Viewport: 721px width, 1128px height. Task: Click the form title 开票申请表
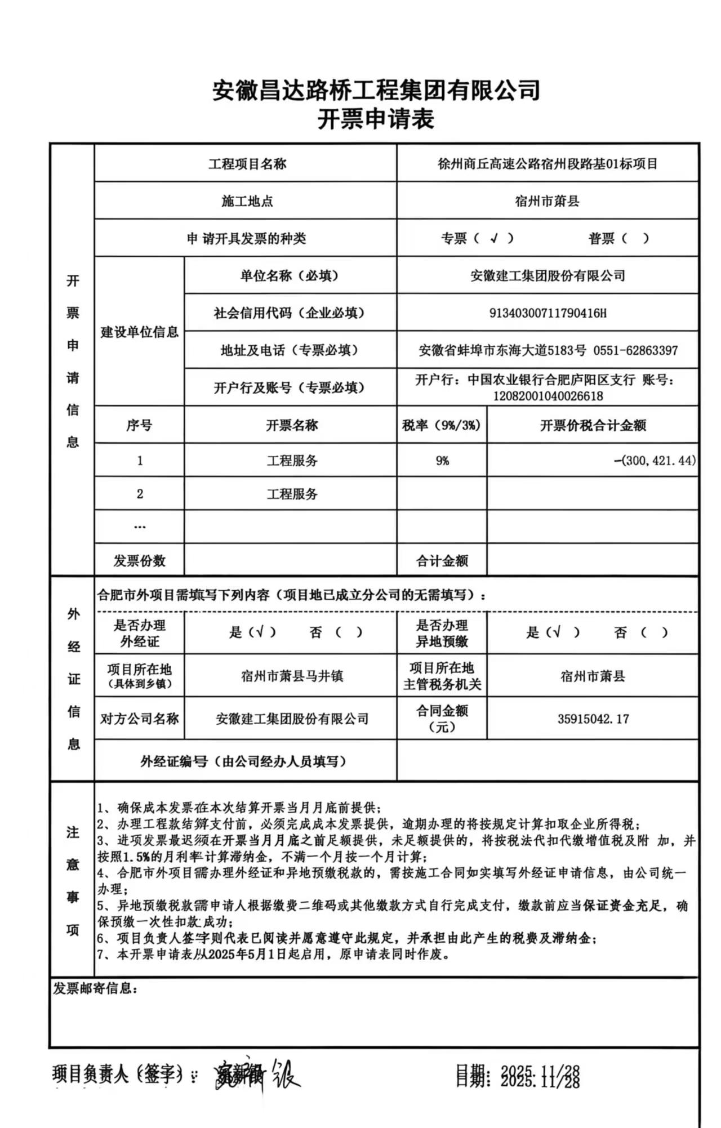376,119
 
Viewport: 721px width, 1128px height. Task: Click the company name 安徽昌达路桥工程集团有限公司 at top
376,90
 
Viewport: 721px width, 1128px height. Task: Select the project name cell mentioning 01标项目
548,164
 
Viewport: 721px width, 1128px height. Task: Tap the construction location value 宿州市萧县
548,201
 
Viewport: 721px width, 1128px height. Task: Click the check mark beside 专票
494,238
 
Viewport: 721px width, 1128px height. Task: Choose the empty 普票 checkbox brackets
635,238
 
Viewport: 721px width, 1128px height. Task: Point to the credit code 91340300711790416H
548,313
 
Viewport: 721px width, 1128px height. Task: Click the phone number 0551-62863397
635,350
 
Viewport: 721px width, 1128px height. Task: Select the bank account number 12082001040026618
548,396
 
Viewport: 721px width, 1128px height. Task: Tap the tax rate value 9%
442,461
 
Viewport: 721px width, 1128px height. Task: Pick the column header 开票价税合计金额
593,425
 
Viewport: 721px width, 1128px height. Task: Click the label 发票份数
139,560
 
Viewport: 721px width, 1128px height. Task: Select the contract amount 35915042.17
593,719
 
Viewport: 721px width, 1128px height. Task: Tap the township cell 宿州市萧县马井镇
292,676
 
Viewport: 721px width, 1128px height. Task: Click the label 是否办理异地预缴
442,633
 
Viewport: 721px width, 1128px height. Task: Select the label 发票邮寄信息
95,988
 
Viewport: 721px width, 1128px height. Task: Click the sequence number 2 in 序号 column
140,494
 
